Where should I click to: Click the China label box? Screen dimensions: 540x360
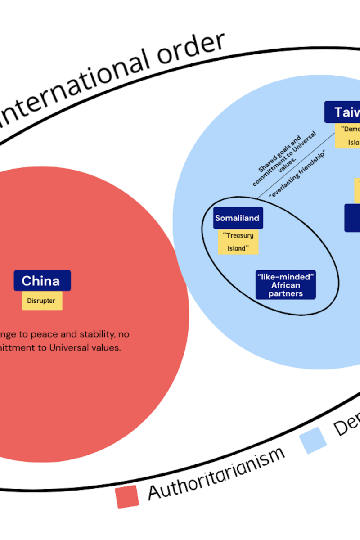click(x=42, y=281)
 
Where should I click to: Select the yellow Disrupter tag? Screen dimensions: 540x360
click(x=42, y=301)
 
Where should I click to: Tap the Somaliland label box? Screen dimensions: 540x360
click(x=237, y=218)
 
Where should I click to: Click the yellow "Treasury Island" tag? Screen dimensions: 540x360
click(x=238, y=242)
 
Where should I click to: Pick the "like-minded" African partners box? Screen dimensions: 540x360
click(x=286, y=285)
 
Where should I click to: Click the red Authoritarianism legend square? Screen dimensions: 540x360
click(x=127, y=496)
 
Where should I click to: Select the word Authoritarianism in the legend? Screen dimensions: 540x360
click(x=216, y=472)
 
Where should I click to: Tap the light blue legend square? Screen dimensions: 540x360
click(x=314, y=440)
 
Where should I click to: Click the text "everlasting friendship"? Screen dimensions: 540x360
click(x=297, y=173)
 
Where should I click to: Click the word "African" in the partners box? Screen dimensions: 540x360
click(x=286, y=285)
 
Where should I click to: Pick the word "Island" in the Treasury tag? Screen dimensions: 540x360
click(x=238, y=248)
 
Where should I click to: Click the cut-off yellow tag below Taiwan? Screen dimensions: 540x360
click(x=348, y=136)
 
